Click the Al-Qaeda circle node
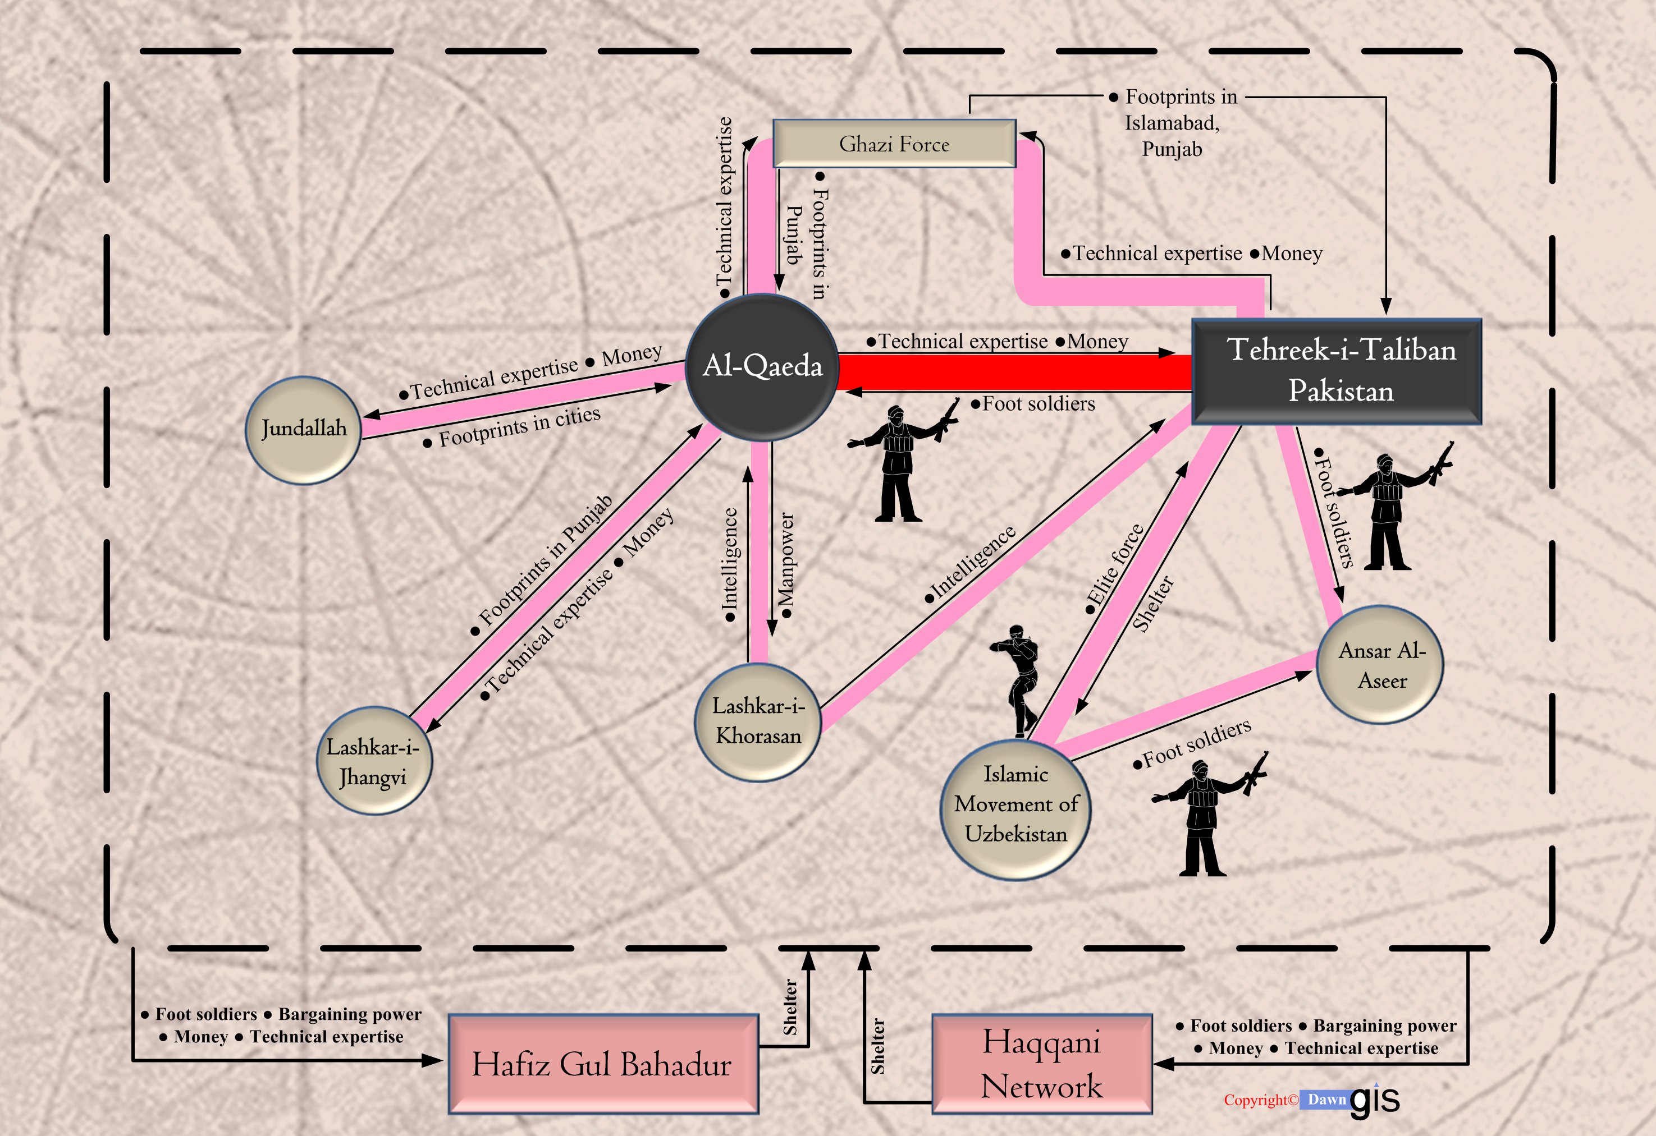pyautogui.click(x=762, y=367)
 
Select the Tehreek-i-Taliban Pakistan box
pyautogui.click(x=1336, y=371)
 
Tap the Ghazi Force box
pyautogui.click(x=894, y=144)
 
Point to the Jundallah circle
pyautogui.click(x=304, y=430)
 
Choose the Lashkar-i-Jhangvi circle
pyautogui.click(x=373, y=761)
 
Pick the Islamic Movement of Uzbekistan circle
pyautogui.click(x=1015, y=808)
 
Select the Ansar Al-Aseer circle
pyautogui.click(x=1381, y=665)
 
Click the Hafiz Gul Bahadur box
pyautogui.click(x=602, y=1064)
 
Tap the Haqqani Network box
pyautogui.click(x=1041, y=1064)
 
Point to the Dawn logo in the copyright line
pyautogui.click(x=1326, y=1100)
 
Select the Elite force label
pyautogui.click(x=1115, y=568)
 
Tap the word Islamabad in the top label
pyautogui.click(x=1172, y=123)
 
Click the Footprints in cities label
pyautogui.click(x=518, y=426)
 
